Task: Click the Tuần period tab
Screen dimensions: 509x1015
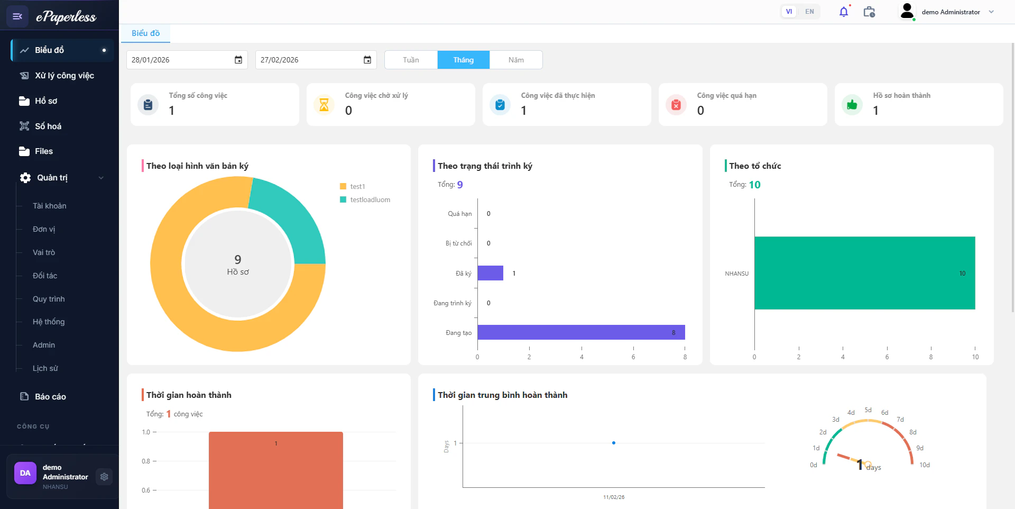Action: click(411, 60)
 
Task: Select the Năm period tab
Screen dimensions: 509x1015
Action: click(516, 60)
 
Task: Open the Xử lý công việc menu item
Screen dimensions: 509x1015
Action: click(64, 76)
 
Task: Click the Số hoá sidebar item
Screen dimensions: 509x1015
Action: click(48, 126)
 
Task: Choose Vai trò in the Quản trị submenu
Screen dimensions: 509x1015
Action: click(44, 252)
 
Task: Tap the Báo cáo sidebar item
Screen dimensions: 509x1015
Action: click(50, 396)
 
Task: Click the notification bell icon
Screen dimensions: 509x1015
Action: click(844, 12)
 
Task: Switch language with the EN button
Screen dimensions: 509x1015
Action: click(809, 12)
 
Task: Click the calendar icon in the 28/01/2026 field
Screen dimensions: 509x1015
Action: click(238, 60)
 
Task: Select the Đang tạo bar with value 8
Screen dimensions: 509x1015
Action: click(580, 332)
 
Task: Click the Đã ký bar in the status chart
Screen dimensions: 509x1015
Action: click(490, 273)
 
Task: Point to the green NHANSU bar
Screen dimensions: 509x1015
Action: click(864, 273)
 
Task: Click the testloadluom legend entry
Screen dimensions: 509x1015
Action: click(370, 199)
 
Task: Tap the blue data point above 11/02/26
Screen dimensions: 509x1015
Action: click(614, 443)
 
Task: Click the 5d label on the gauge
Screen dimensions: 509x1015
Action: click(868, 410)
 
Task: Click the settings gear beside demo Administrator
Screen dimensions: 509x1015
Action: click(104, 477)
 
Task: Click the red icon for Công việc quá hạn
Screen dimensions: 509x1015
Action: click(676, 105)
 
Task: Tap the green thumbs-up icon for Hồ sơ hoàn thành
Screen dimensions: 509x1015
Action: click(852, 105)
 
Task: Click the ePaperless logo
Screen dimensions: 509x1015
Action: click(66, 17)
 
